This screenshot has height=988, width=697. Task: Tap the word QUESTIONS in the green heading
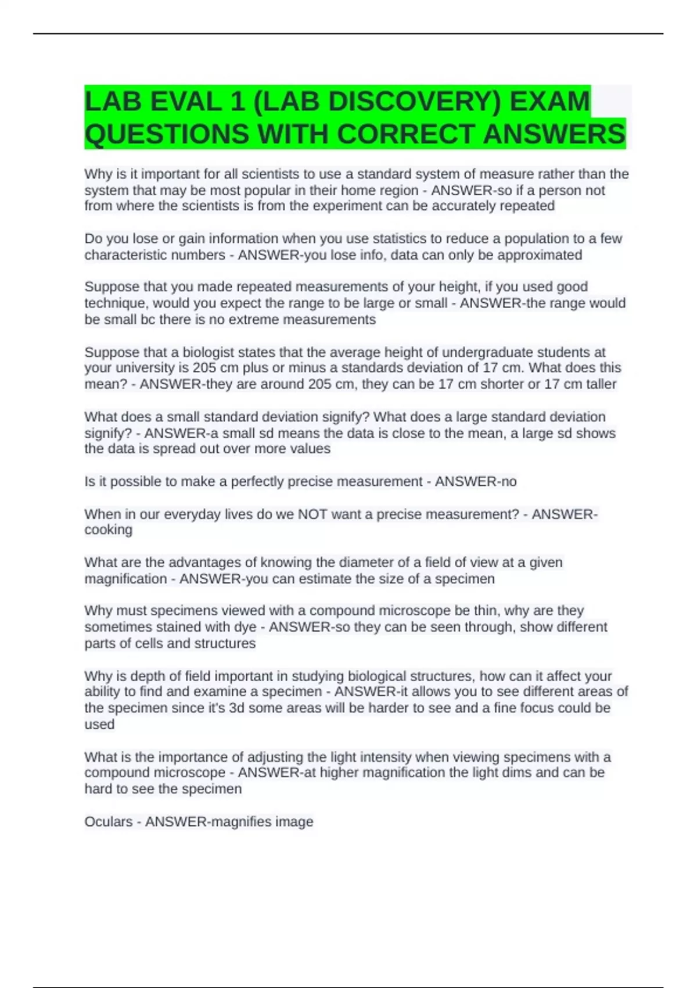click(167, 134)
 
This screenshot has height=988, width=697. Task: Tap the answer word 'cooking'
click(109, 530)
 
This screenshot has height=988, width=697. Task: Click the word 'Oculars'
click(109, 822)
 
